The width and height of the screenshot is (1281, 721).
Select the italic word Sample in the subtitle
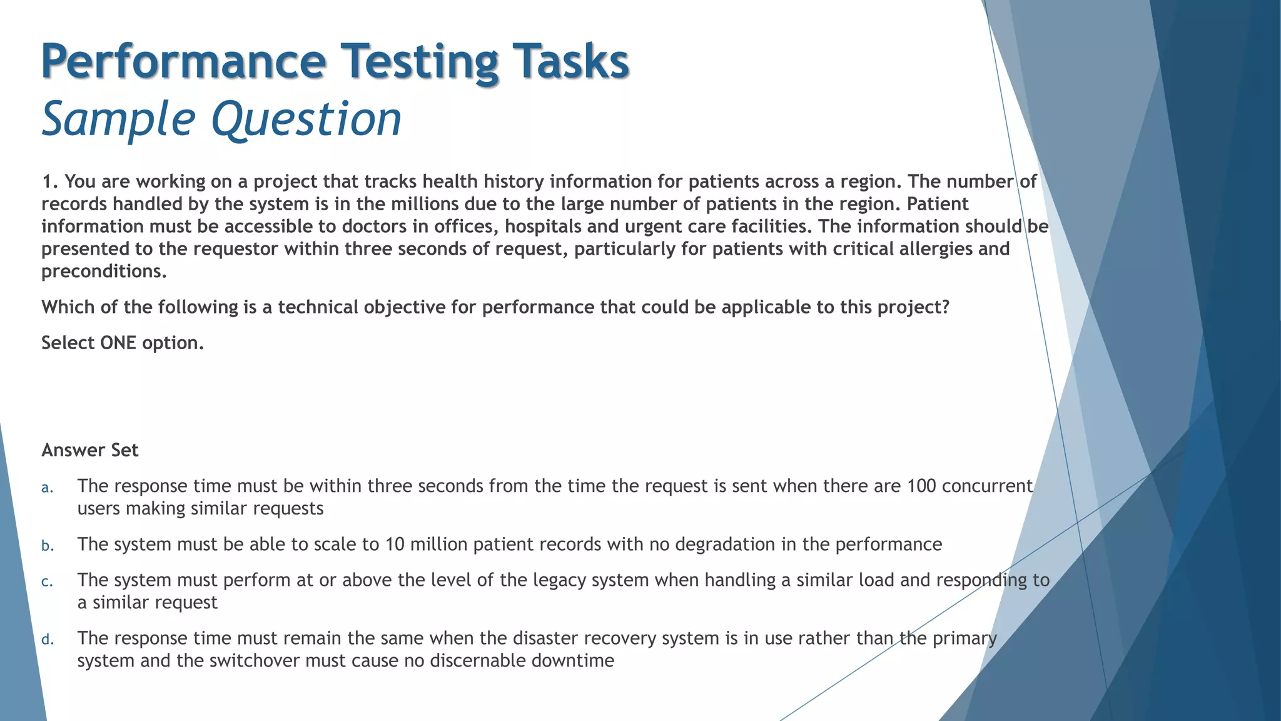118,120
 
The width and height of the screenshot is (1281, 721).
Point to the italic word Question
306,120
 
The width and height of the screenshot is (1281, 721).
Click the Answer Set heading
89,450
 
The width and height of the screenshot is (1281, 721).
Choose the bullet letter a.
47,488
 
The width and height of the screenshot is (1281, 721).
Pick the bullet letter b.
48,546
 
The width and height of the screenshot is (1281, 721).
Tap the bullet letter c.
47,582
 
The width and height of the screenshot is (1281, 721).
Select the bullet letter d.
48,640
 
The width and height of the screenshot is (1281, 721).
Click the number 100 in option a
921,486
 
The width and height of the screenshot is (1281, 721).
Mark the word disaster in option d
547,638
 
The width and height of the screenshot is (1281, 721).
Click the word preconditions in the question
104,272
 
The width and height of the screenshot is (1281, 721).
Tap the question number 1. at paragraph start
49,182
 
